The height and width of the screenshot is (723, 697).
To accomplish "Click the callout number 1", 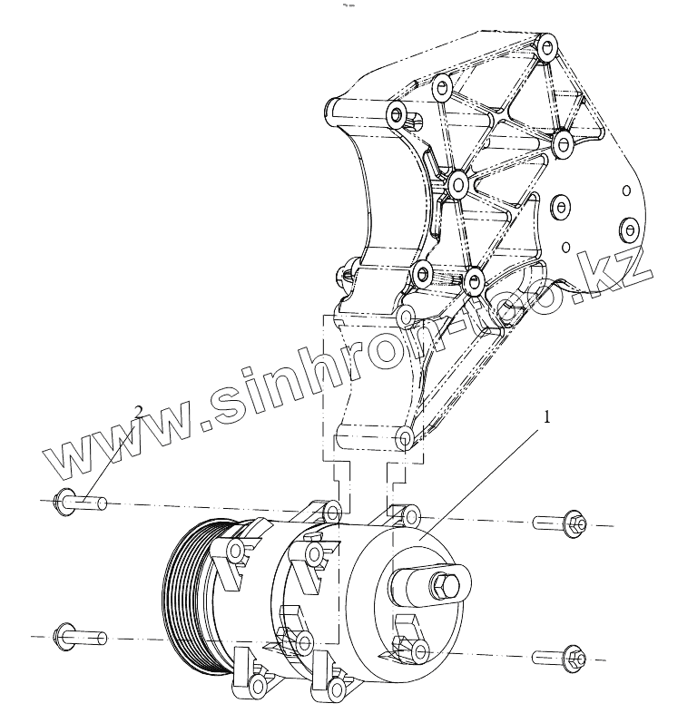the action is click(547, 393).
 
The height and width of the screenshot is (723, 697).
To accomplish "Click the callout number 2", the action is click(139, 386).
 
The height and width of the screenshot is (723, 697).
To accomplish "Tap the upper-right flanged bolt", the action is click(562, 523).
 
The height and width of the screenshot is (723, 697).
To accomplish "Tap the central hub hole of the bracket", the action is click(458, 186).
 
